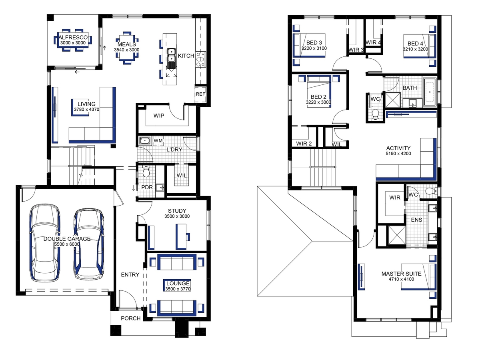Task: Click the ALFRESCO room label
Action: coord(73,37)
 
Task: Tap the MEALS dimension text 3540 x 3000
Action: coord(127,50)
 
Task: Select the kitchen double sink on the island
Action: coord(172,55)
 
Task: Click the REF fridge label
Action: coord(200,94)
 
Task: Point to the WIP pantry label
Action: coord(159,116)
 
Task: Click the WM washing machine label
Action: coord(158,140)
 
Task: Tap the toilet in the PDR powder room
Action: coord(146,171)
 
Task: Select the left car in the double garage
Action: coord(45,243)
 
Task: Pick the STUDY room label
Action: coord(177,211)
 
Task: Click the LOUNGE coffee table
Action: coord(177,285)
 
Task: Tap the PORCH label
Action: coord(131,318)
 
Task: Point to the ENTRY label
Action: coord(130,274)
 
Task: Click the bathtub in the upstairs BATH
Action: coord(430,92)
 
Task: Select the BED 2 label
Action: coord(318,97)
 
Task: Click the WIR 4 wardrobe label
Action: coord(373,42)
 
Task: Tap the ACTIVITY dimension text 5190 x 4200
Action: coord(398,154)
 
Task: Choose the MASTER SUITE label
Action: coord(401,274)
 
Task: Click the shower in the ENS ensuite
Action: coord(397,236)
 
